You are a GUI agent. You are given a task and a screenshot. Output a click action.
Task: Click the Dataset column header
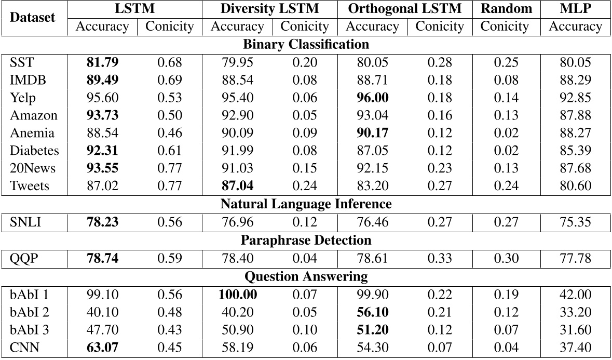click(x=33, y=17)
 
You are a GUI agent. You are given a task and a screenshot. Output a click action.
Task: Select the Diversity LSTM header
click(x=269, y=9)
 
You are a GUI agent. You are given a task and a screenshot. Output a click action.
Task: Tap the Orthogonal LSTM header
click(x=404, y=9)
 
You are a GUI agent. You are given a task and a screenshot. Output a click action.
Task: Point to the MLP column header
click(x=575, y=9)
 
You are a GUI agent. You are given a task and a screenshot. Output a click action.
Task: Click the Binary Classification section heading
click(x=306, y=44)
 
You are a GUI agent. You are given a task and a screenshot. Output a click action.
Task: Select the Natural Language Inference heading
click(x=306, y=204)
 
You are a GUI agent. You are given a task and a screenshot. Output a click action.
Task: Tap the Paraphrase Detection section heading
click(x=306, y=240)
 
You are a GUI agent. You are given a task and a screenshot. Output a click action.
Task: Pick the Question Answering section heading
click(x=306, y=276)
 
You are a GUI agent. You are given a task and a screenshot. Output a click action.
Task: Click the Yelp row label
click(x=23, y=98)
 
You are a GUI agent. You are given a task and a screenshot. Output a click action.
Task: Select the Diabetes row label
click(x=34, y=151)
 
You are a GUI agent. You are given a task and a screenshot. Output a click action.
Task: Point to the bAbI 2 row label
click(x=30, y=312)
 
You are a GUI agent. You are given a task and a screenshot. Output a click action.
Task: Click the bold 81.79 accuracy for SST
click(x=102, y=63)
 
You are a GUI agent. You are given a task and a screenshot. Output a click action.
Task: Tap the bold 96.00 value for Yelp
click(x=372, y=98)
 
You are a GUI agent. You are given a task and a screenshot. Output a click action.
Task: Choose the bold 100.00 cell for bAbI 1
click(x=237, y=295)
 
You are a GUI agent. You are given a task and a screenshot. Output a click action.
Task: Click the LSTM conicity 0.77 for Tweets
click(x=169, y=186)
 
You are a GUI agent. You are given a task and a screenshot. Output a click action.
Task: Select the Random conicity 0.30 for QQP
click(x=506, y=258)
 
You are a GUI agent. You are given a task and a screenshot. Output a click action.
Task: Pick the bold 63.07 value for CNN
click(x=102, y=348)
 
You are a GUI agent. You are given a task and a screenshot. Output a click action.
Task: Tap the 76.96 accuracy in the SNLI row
click(x=237, y=222)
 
